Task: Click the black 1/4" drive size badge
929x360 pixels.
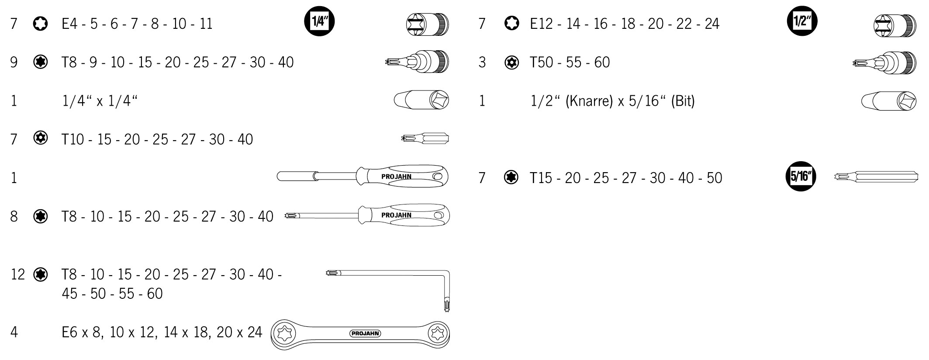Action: click(x=319, y=21)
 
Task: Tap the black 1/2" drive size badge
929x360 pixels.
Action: click(x=802, y=21)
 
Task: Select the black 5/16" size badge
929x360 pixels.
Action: click(x=801, y=177)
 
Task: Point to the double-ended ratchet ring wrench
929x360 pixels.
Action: click(x=360, y=334)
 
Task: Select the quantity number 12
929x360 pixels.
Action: click(x=18, y=274)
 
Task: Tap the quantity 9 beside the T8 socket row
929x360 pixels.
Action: click(x=14, y=62)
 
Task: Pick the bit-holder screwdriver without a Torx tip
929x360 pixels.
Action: click(x=363, y=177)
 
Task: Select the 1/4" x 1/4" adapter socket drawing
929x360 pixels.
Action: click(x=421, y=101)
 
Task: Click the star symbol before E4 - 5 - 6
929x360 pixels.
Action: click(x=40, y=24)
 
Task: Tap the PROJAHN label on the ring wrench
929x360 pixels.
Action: click(x=365, y=333)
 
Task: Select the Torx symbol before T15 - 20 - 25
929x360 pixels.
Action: click(x=511, y=177)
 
